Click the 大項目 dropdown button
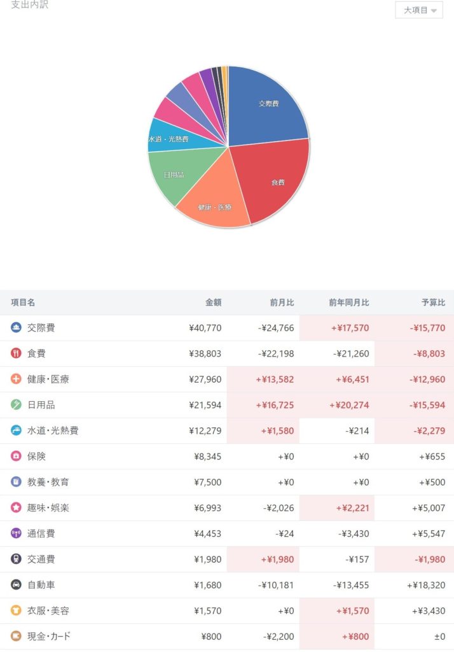[x=419, y=10]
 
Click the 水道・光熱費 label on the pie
[x=169, y=139]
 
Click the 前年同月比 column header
[x=348, y=302]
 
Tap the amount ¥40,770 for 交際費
[x=205, y=328]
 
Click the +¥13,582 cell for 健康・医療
[x=275, y=379]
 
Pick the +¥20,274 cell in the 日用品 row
[x=348, y=405]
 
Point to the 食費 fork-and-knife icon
[x=17, y=353]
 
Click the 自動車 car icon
[x=17, y=585]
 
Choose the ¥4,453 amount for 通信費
[x=207, y=534]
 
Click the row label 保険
[x=36, y=457]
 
